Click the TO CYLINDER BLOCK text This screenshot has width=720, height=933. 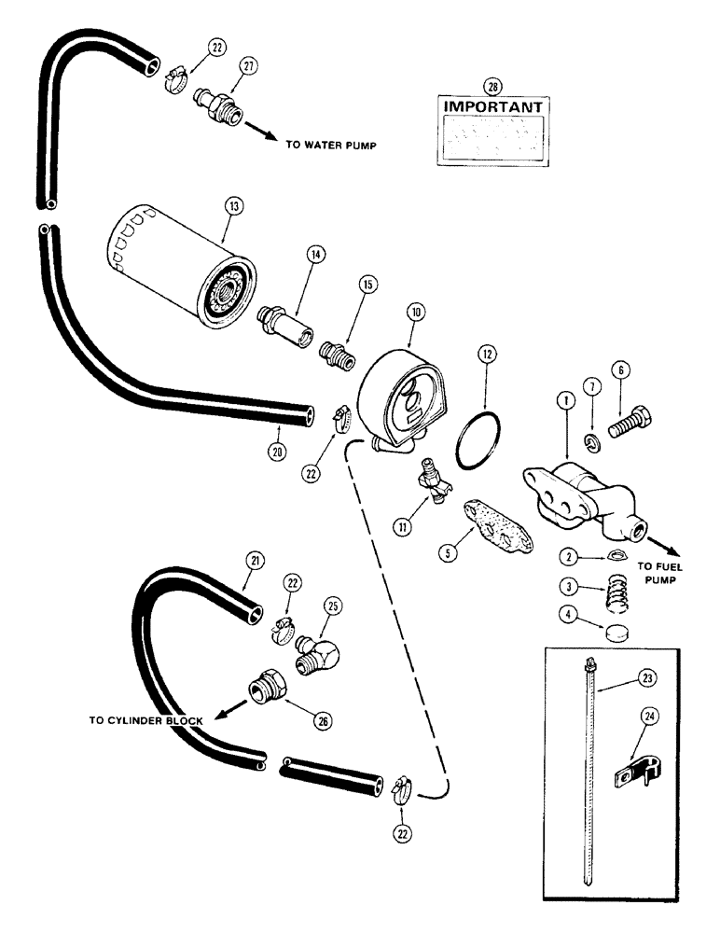(149, 718)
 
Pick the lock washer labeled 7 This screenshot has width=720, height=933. (591, 439)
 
